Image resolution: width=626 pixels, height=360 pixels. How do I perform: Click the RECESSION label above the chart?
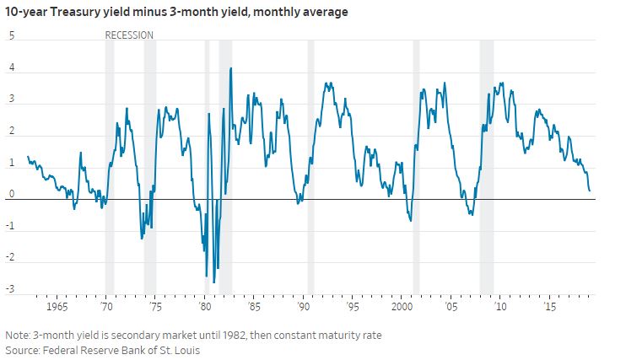(x=129, y=35)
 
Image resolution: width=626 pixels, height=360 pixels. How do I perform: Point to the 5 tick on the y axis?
(x=12, y=35)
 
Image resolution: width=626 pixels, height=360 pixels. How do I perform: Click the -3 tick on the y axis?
(x=11, y=290)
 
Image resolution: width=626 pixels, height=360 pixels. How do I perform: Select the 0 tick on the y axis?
(x=12, y=194)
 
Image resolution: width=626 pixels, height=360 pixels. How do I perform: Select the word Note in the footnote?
(x=19, y=335)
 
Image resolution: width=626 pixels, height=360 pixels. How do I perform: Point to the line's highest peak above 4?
(x=230, y=68)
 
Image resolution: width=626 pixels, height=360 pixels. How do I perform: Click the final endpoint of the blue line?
(x=589, y=191)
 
